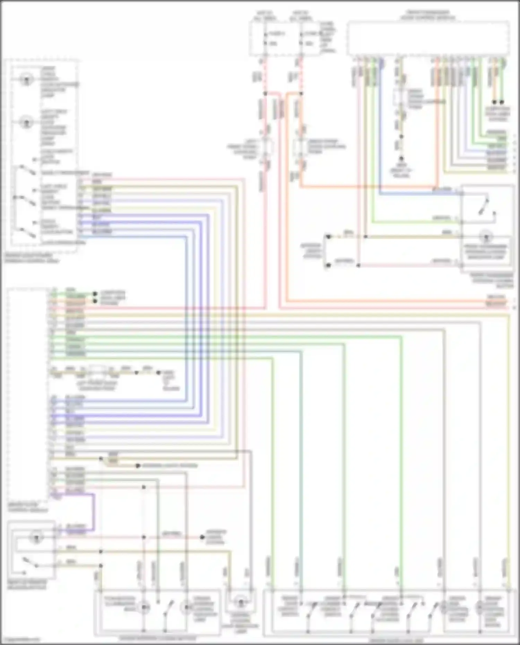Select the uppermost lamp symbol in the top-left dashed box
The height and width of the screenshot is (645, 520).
pyautogui.click(x=26, y=80)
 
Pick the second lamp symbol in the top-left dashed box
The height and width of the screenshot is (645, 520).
pyautogui.click(x=26, y=122)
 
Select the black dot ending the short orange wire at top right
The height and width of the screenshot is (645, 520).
pyautogui.click(x=495, y=102)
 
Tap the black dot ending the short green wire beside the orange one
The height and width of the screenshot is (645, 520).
pyautogui.click(x=502, y=102)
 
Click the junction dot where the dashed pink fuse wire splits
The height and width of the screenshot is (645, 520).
pyautogui.click(x=265, y=94)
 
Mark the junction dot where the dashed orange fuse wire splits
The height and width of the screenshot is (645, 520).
pyautogui.click(x=301, y=94)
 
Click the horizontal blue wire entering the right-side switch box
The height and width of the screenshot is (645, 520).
pyautogui.click(x=416, y=194)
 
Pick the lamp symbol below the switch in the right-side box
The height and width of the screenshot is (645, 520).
pyautogui.click(x=486, y=237)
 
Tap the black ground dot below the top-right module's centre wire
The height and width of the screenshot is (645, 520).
pyautogui.click(x=401, y=159)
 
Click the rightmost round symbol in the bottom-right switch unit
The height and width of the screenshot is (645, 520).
pyautogui.click(x=480, y=607)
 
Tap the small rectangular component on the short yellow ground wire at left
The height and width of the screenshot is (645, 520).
pyautogui.click(x=97, y=372)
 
